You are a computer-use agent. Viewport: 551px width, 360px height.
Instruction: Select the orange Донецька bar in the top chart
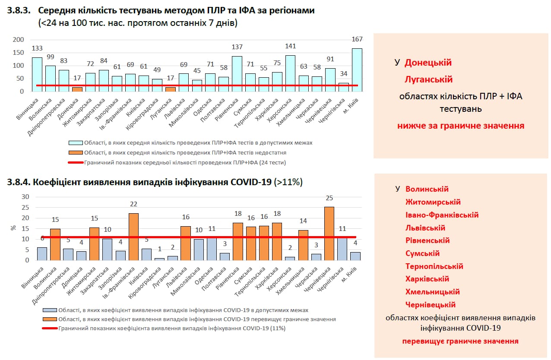(77, 89)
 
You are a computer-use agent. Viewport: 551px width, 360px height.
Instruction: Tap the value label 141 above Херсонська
(290, 46)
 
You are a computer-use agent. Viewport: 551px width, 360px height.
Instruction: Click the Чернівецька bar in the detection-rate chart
(329, 234)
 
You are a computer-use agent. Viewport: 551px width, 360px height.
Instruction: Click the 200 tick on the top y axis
(18, 40)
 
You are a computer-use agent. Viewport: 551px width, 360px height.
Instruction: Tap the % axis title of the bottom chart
(13, 228)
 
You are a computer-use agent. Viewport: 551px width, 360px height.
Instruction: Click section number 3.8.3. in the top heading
(19, 11)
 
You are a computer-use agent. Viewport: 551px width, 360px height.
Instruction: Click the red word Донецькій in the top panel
(428, 63)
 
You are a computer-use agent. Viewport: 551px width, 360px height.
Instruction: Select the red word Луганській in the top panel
(428, 79)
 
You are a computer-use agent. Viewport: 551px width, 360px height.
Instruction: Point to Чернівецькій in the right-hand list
(431, 305)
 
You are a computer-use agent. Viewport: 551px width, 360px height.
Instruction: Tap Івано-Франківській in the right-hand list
(442, 215)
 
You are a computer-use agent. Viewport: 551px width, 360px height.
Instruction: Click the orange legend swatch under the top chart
(75, 152)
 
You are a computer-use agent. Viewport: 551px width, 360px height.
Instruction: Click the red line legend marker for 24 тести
(75, 163)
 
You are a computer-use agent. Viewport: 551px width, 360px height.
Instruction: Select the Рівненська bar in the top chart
(237, 74)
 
